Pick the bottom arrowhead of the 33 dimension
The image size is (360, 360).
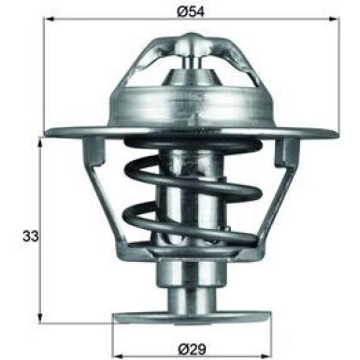pyautogui.click(x=40, y=319)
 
